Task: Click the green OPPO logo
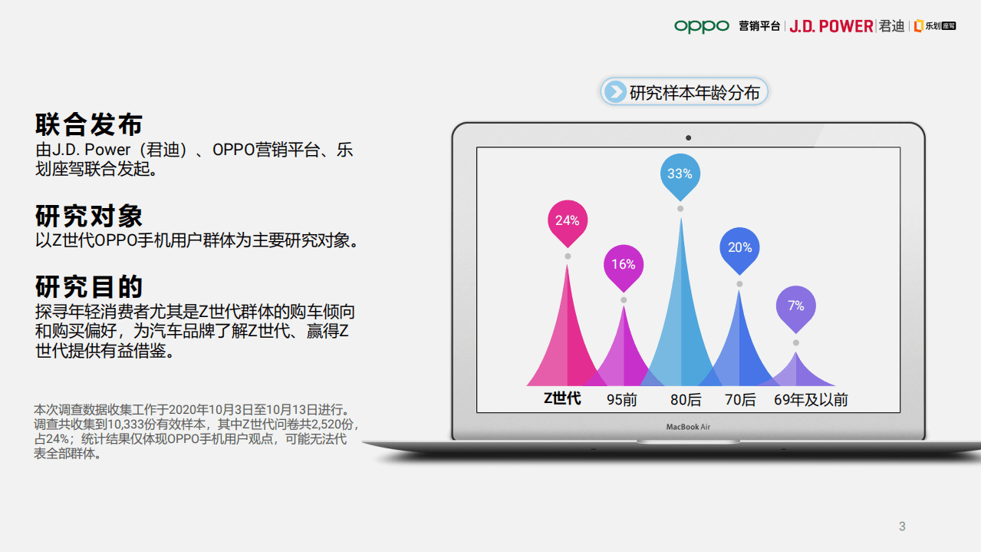click(702, 26)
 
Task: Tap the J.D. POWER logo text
click(831, 26)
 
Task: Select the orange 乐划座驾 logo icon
click(919, 26)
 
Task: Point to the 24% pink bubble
click(568, 220)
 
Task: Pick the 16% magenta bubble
click(624, 264)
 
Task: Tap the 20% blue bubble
click(739, 247)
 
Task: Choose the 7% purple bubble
click(795, 306)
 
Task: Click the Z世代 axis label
click(562, 398)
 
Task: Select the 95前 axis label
click(622, 399)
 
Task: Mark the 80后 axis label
click(686, 399)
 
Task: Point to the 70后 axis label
click(740, 399)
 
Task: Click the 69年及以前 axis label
click(811, 399)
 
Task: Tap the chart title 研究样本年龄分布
click(694, 93)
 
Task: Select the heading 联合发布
click(89, 124)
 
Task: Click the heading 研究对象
click(89, 216)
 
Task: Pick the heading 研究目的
click(89, 286)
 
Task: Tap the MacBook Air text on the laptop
click(688, 426)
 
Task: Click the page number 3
click(902, 526)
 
